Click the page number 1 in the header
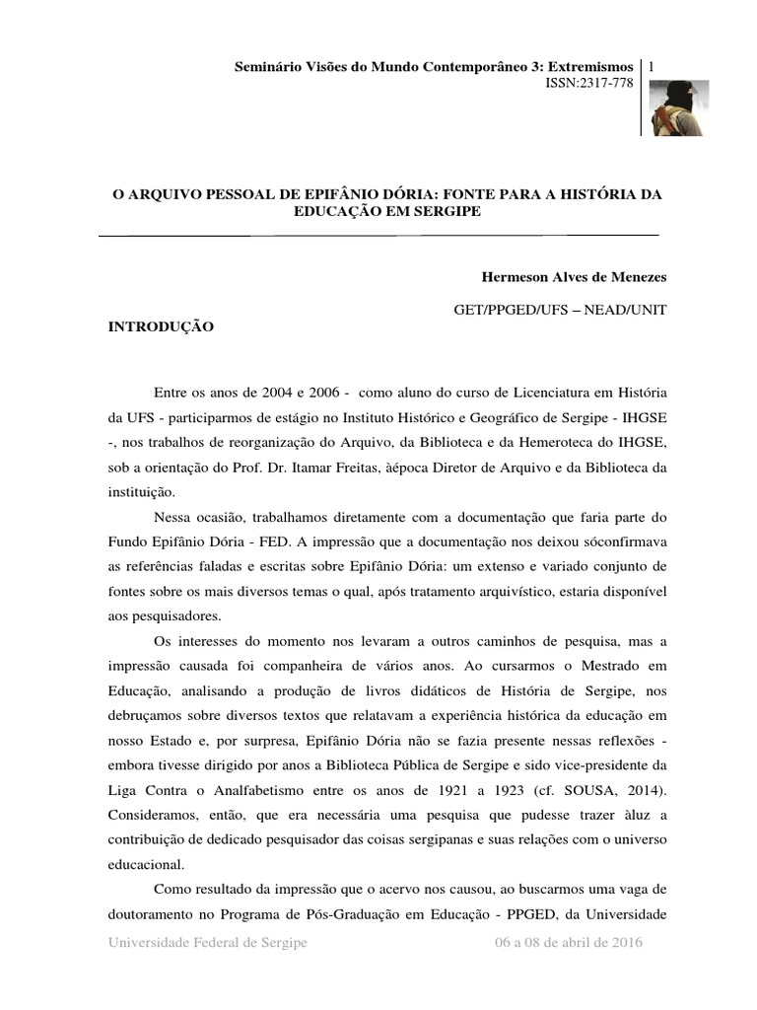(x=653, y=65)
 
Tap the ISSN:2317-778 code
(x=589, y=84)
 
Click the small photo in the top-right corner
(x=679, y=108)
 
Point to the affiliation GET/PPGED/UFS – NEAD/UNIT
(x=560, y=310)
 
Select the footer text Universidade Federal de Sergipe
(x=208, y=943)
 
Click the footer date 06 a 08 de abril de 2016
(x=569, y=943)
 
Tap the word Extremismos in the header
(x=587, y=66)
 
